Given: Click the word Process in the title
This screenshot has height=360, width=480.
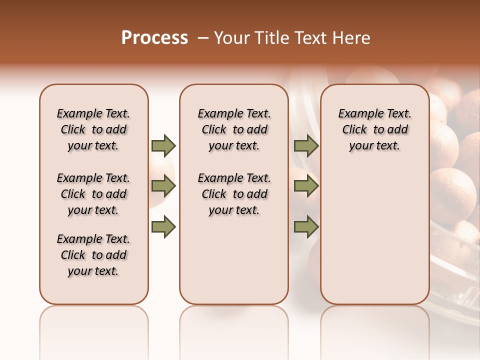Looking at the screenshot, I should [154, 38].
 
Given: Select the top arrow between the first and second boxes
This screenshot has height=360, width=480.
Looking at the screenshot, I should [163, 145].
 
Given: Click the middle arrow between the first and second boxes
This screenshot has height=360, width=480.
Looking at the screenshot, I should [163, 186].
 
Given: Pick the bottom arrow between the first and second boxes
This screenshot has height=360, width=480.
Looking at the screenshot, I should [163, 227].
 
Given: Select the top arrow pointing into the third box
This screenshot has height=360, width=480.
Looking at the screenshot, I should [306, 145].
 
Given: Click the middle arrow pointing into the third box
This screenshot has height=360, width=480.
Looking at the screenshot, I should [306, 186].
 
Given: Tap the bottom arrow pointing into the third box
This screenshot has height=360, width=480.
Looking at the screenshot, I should [306, 227].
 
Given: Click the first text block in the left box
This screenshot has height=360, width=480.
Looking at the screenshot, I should [93, 129].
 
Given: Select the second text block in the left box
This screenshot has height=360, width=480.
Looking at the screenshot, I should [93, 194].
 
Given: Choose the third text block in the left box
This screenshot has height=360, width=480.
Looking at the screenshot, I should [93, 255].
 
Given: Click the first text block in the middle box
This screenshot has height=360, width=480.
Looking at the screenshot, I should [234, 129].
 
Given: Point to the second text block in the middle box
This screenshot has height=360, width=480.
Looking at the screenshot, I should [234, 194].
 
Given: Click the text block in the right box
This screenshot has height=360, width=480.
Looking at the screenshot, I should [375, 129].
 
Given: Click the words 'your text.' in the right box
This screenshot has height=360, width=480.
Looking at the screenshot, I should [374, 146].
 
